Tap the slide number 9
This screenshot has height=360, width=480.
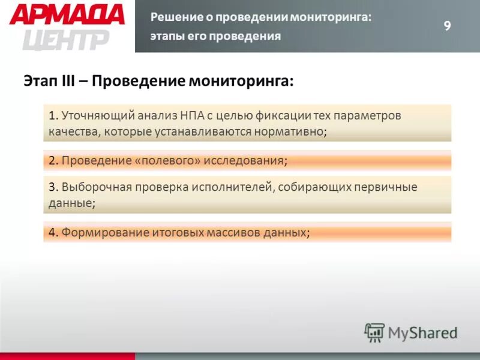click(447, 25)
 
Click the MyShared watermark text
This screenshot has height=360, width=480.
click(422, 332)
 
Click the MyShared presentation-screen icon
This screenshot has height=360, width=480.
click(374, 332)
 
